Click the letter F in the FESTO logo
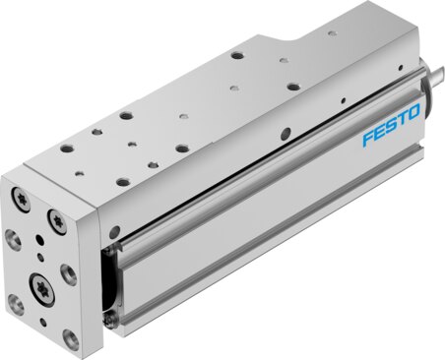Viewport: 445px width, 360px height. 368,138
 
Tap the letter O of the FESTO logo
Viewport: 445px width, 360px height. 413,112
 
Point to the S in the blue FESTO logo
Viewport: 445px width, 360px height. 391,125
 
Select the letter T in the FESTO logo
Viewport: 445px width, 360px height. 402,118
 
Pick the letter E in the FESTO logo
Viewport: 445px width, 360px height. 379,132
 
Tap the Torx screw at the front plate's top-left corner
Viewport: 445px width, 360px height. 21,199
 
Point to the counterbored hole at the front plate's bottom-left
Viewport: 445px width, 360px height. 16,304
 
